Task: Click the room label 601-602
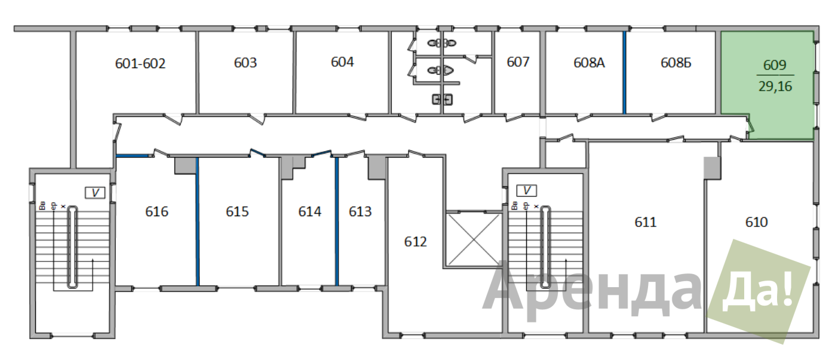(x=140, y=63)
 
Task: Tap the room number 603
(x=245, y=63)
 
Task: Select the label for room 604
(x=342, y=61)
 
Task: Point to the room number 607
(x=518, y=61)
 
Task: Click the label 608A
(x=589, y=63)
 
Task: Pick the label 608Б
(x=676, y=63)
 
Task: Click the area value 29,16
(x=775, y=87)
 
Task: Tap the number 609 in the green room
(x=775, y=65)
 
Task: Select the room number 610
(x=756, y=222)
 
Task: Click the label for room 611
(x=646, y=222)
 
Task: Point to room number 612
(x=415, y=242)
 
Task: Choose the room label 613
(x=360, y=211)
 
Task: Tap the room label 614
(x=310, y=211)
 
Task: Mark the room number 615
(x=237, y=211)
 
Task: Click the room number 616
(x=156, y=211)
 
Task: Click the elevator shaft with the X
(x=474, y=239)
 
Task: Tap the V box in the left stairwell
(x=95, y=192)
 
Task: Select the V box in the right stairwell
(x=526, y=190)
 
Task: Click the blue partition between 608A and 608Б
(x=624, y=72)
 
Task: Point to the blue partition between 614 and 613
(x=337, y=221)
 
